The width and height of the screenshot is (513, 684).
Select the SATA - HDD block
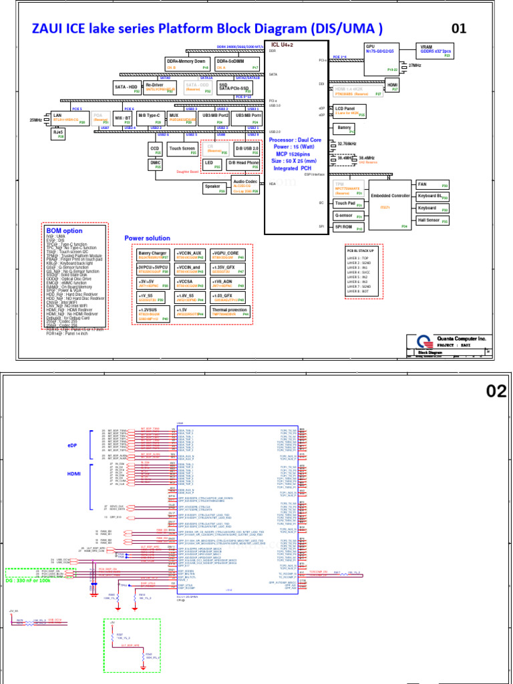pos(127,88)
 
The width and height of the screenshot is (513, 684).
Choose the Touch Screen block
pos(182,150)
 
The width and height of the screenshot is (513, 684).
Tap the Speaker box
pos(213,188)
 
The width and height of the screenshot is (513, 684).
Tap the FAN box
pos(432,184)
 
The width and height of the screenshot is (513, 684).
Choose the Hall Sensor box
pos(432,220)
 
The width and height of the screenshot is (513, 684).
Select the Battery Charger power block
pos(154,256)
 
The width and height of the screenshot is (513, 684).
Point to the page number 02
pos(496,391)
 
